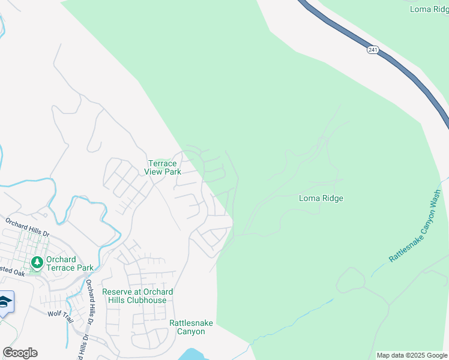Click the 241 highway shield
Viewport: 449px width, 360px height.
tap(373, 50)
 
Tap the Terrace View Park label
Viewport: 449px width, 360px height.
tap(163, 167)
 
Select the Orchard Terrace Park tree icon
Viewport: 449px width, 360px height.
tap(37, 262)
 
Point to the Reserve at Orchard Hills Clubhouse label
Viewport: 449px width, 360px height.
tap(137, 296)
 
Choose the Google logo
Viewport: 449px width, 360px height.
tap(20, 353)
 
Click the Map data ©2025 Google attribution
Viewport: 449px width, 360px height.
tap(411, 355)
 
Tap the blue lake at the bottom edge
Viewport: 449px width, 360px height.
tap(192, 354)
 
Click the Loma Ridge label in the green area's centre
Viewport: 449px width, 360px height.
tap(321, 198)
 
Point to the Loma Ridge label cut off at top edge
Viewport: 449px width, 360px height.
tap(429, 8)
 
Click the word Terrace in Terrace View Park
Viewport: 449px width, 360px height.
tap(163, 163)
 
